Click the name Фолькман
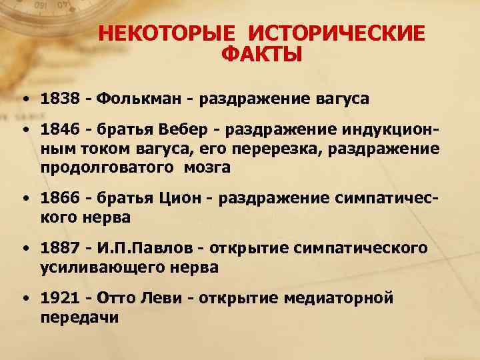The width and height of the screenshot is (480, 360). (x=137, y=99)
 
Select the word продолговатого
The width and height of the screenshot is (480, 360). (x=99, y=167)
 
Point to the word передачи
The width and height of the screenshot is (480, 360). (x=79, y=317)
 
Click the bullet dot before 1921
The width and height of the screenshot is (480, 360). (x=23, y=297)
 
